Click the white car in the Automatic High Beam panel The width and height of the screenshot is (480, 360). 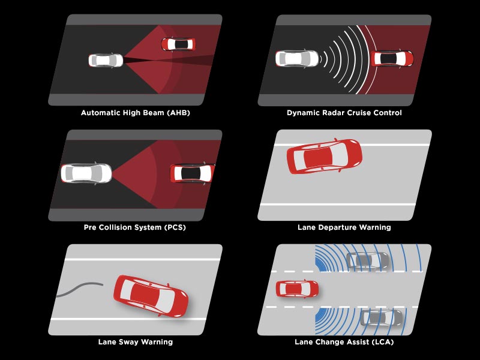click(106, 60)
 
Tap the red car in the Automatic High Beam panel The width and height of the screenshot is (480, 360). click(178, 44)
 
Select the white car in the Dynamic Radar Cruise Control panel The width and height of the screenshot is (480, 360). click(297, 58)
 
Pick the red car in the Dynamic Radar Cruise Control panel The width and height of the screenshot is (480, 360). click(392, 58)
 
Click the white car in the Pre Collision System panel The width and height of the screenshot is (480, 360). click(86, 173)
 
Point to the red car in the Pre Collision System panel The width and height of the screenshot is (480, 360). click(192, 173)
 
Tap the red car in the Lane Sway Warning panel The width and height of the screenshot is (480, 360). click(151, 296)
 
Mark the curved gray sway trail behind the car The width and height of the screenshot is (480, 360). click(81, 289)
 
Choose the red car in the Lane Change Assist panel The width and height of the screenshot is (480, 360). click(297, 289)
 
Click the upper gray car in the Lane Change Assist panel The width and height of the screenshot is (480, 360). click(367, 261)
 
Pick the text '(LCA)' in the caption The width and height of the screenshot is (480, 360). click(380, 342)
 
